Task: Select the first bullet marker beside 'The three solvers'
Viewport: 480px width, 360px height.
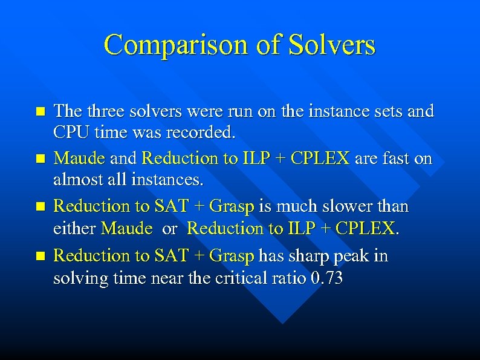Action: click(41, 111)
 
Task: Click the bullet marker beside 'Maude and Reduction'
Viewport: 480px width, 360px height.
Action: click(41, 159)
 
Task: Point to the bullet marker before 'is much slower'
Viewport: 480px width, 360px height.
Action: click(41, 207)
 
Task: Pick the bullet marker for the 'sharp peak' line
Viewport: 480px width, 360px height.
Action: click(41, 256)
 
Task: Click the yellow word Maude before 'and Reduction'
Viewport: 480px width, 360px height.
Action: click(79, 159)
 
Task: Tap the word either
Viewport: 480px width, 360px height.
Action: click(75, 229)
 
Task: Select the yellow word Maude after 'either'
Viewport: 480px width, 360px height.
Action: click(127, 229)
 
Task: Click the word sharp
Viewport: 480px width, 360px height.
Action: click(309, 255)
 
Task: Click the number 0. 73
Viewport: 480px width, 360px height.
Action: click(325, 278)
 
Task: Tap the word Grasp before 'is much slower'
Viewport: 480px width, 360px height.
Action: click(232, 206)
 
